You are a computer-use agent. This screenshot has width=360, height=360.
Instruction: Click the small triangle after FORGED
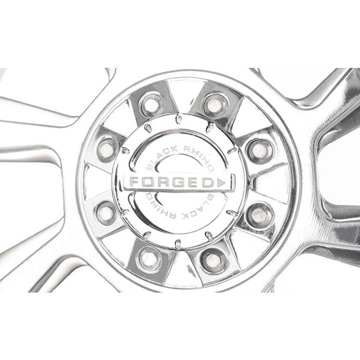pos(221,183)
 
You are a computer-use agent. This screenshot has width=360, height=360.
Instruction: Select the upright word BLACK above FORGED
pos(160,157)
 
